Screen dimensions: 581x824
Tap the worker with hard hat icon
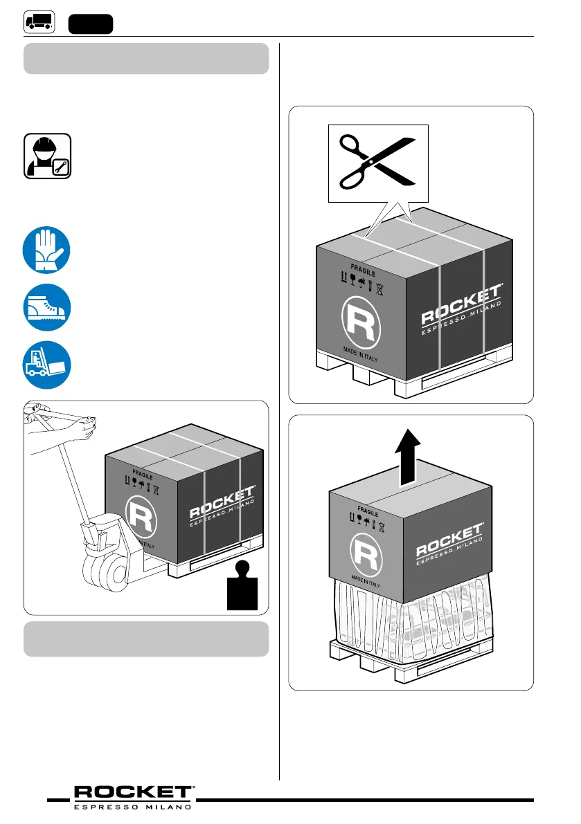(x=47, y=157)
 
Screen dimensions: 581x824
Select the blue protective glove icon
(x=46, y=251)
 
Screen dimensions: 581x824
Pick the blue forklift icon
(x=46, y=367)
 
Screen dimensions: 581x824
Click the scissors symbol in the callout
(x=377, y=163)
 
